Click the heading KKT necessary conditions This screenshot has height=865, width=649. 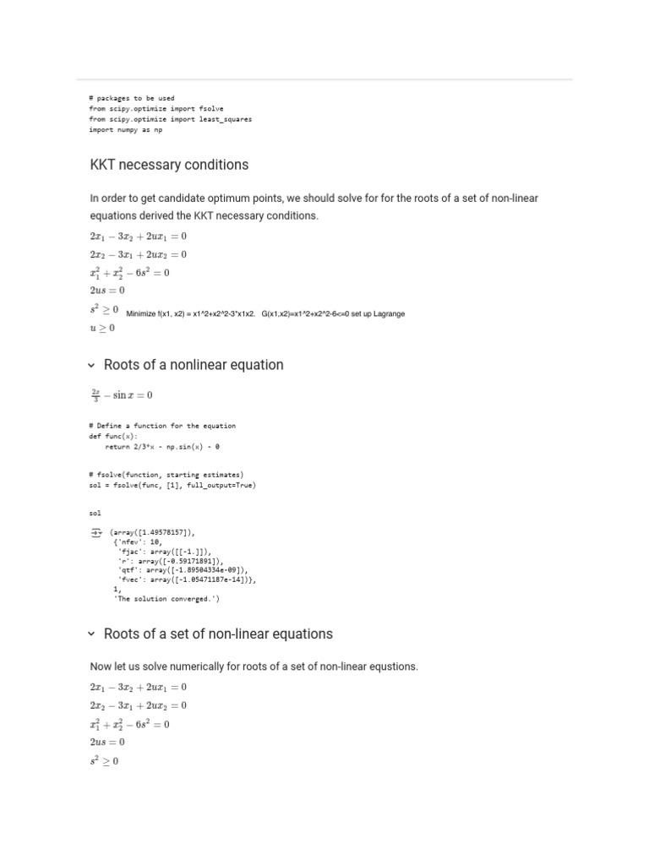tap(169, 164)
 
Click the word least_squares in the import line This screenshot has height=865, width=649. tap(227, 119)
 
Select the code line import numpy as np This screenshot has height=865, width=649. tap(126, 130)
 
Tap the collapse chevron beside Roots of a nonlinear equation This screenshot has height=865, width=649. tap(91, 365)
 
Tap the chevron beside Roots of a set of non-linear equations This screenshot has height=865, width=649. tap(91, 634)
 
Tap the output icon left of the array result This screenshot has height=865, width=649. tap(95, 533)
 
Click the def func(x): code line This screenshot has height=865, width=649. tap(113, 436)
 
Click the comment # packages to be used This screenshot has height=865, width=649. tap(131, 98)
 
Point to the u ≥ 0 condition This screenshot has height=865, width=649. tap(102, 328)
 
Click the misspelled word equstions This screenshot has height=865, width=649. tap(392, 666)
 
